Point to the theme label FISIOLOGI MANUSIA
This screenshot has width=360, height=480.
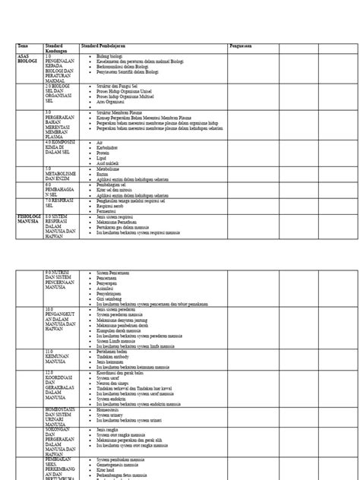tap(29, 219)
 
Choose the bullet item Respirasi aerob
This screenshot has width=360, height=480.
tap(113, 205)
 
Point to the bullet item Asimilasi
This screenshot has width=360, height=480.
tap(109, 289)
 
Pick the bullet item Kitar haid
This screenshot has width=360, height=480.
tap(107, 469)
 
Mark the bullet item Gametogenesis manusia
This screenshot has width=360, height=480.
tap(119, 465)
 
